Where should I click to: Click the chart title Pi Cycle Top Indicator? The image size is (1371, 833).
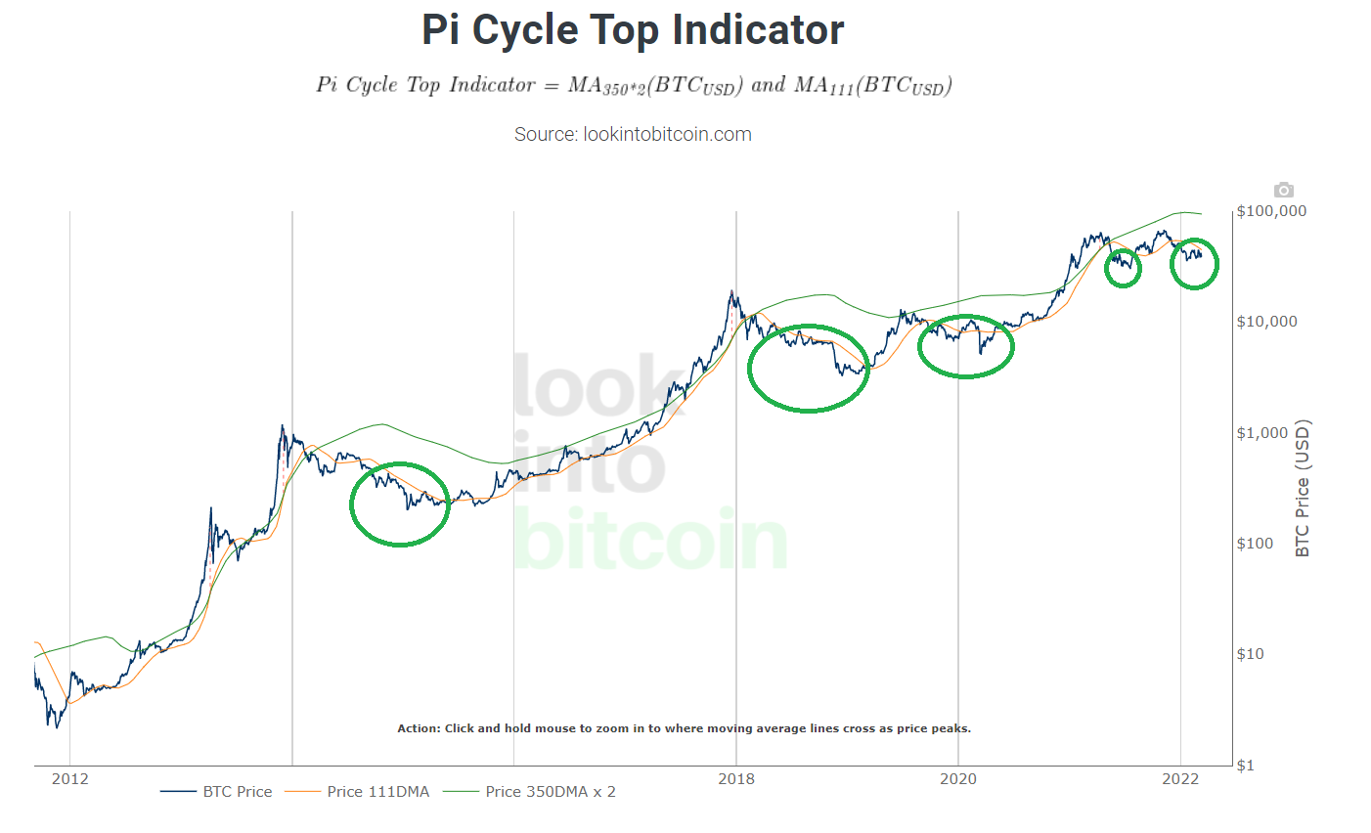633,30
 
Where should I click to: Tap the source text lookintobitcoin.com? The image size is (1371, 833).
633,134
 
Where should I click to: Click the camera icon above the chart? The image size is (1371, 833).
1283,190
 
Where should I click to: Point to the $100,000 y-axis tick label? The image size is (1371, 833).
1271,211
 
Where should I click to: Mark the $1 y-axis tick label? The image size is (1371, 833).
1246,766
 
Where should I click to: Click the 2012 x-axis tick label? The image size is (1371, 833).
69,778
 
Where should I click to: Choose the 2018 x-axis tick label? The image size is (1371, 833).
736,778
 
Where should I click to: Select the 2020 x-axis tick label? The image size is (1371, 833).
958,778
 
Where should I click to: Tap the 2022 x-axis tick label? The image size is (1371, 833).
1180,778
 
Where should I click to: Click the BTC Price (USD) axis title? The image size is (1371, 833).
1302,489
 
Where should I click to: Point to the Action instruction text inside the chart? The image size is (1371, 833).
684,728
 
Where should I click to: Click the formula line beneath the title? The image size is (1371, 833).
634,86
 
